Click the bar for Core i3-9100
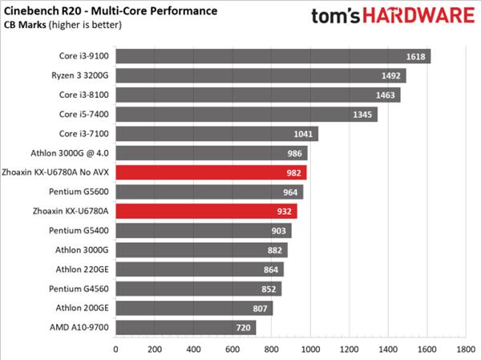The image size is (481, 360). click(x=273, y=55)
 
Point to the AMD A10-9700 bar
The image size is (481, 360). click(x=185, y=327)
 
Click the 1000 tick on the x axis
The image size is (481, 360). click(x=310, y=350)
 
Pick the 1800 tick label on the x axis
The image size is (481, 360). click(x=465, y=350)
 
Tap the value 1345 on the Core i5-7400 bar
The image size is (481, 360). click(x=362, y=114)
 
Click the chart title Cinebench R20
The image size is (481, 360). click(x=112, y=11)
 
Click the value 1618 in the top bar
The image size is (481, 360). click(x=416, y=56)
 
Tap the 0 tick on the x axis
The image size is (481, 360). click(x=116, y=350)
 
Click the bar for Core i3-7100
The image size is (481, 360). click(x=216, y=134)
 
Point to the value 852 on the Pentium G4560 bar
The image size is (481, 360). click(x=268, y=289)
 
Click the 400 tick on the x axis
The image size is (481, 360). click(x=194, y=350)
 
